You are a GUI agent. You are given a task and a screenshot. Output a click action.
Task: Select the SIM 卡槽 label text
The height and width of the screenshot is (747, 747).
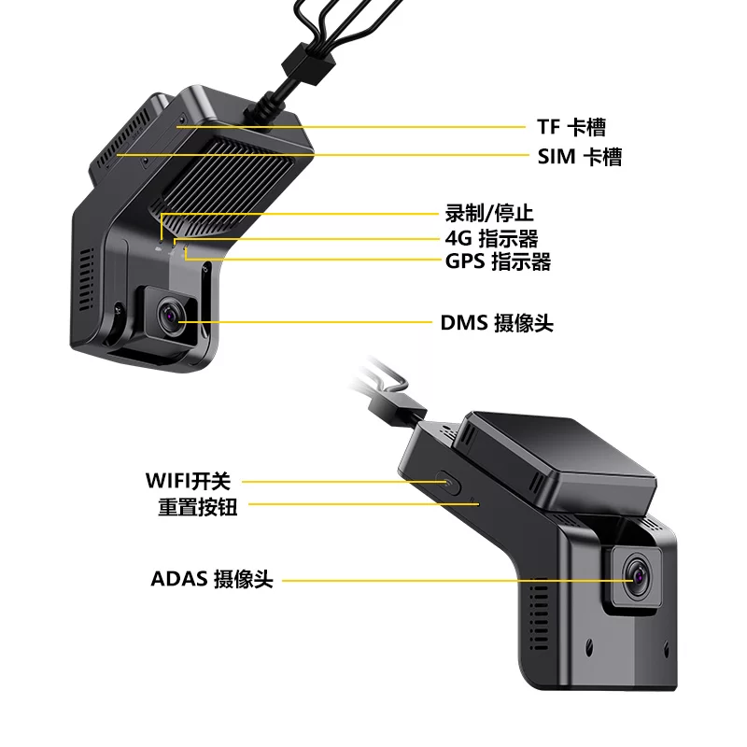579,156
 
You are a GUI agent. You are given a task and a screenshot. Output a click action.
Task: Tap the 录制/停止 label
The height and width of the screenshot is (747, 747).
489,213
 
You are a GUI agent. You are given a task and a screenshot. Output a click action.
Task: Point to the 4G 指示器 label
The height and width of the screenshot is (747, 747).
491,238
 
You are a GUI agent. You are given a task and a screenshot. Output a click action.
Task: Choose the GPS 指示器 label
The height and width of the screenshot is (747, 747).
498,261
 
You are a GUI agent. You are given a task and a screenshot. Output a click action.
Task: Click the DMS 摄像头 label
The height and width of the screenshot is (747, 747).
497,323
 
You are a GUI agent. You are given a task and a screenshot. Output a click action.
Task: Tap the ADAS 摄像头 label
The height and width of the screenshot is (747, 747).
212,579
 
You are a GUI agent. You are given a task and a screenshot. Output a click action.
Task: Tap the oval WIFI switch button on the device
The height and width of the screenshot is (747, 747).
451,483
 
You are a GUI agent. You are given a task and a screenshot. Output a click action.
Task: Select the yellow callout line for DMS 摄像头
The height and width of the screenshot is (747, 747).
308,323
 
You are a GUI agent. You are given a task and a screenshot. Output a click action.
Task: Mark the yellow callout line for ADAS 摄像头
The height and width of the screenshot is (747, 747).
448,580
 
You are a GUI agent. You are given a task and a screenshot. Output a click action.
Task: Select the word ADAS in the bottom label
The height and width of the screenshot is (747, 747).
177,579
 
